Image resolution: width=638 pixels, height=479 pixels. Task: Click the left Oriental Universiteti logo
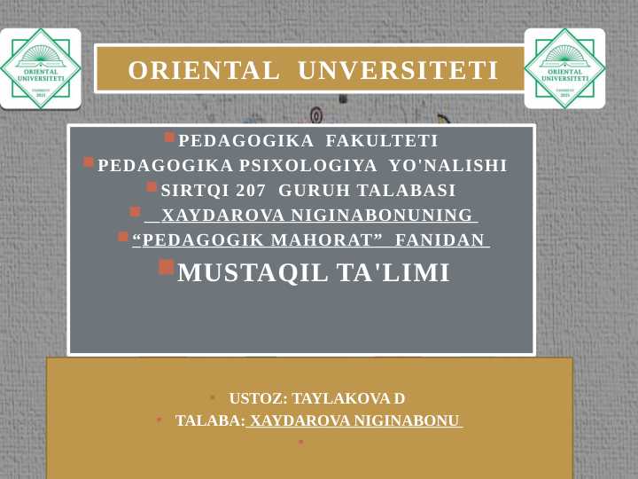coord(41,68)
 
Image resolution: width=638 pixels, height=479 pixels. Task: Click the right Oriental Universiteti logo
coord(564,68)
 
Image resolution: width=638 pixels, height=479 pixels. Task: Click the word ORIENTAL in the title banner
coord(203,70)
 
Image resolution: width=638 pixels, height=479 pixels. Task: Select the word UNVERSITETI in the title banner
coord(398,70)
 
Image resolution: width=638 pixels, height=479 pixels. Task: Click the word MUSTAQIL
coord(253,273)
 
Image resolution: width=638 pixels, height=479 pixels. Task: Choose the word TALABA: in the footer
coord(210,420)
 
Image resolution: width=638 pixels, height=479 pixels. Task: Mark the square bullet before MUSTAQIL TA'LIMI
coord(167,267)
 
